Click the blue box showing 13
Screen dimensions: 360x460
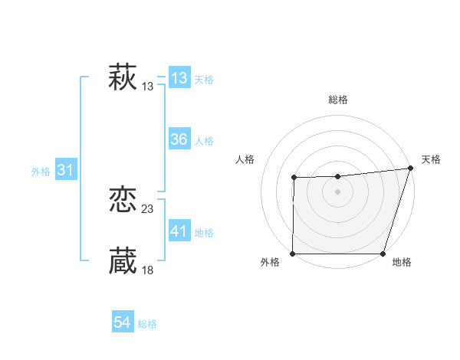(x=179, y=78)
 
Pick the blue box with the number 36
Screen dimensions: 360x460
(x=179, y=139)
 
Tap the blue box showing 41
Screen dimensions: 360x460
(x=179, y=231)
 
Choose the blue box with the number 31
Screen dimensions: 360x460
(x=65, y=170)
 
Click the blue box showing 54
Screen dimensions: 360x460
(x=122, y=322)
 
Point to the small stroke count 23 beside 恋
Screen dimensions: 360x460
(x=148, y=209)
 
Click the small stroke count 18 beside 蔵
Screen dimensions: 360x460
(x=148, y=270)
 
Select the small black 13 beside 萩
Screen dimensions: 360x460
(x=148, y=87)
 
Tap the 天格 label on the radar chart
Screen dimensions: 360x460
(x=431, y=159)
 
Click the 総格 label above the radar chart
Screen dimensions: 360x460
(x=338, y=100)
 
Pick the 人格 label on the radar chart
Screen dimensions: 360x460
(x=245, y=159)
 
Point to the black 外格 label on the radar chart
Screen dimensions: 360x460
(x=270, y=263)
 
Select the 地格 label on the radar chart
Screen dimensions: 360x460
(x=402, y=263)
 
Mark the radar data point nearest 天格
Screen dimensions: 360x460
(x=410, y=169)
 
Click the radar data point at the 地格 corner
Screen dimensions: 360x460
(x=383, y=254)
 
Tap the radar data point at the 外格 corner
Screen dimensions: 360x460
(x=293, y=254)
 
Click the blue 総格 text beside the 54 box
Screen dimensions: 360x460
(x=147, y=324)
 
